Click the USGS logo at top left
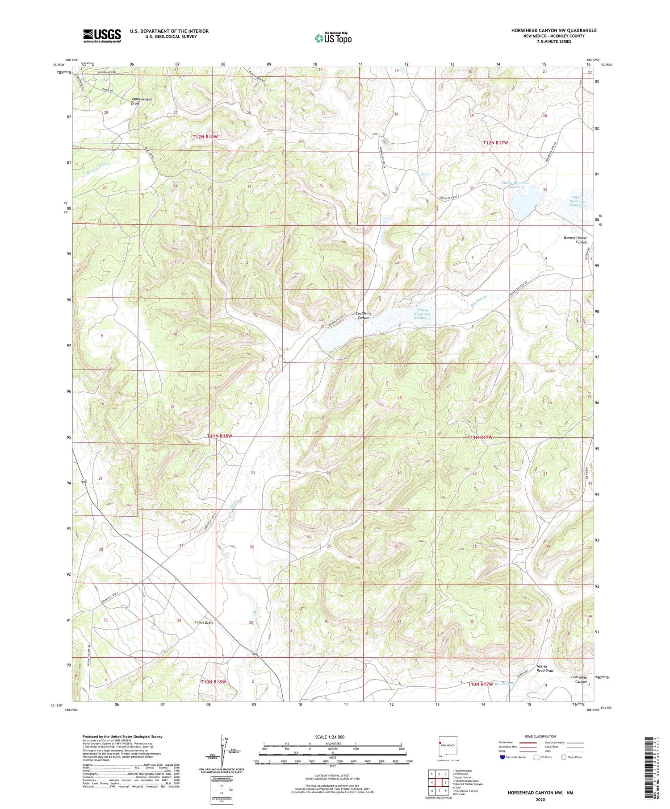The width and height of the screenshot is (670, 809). click(102, 36)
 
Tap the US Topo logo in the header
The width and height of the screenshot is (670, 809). click(333, 38)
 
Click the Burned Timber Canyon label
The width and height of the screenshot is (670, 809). click(575, 240)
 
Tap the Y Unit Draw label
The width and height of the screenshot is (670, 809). click(203, 622)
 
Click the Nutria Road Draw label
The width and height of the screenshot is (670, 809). click(545, 668)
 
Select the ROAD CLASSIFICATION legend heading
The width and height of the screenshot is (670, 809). click(540, 736)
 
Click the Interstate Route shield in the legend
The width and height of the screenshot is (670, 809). click(502, 757)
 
